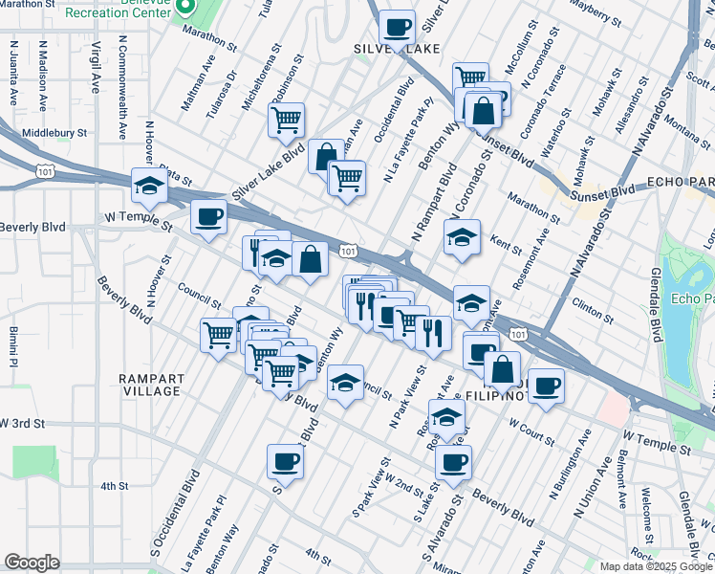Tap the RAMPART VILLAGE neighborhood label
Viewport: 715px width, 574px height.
151,385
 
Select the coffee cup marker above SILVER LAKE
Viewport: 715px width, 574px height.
397,28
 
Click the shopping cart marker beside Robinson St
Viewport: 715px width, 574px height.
286,121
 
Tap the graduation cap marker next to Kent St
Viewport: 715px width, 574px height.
462,236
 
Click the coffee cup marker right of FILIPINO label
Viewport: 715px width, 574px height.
546,386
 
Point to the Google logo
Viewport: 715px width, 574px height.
32,563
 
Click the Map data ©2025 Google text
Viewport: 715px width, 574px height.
656,566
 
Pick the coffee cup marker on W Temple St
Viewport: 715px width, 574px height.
208,217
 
